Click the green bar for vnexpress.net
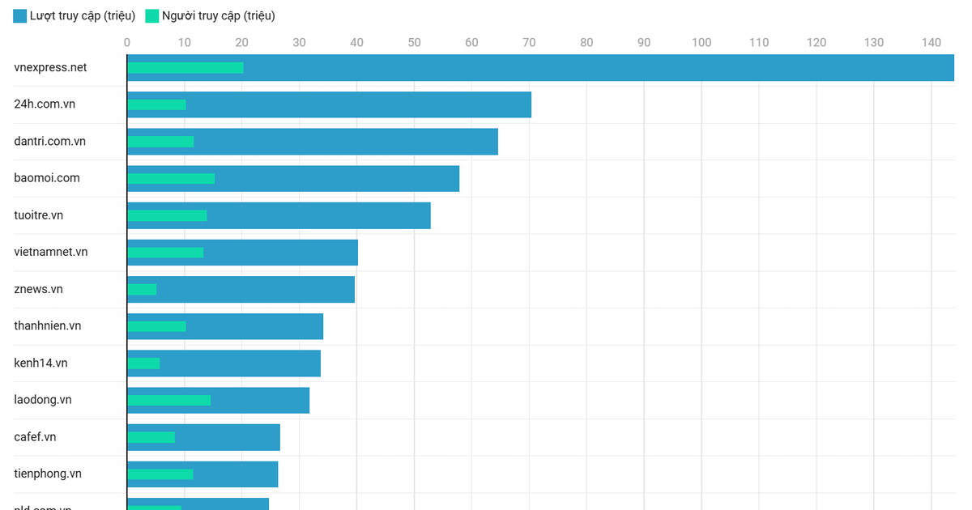coord(185,68)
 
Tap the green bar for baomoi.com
coord(171,179)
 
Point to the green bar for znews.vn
coord(142,289)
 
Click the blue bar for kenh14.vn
coord(243,363)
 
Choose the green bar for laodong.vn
coord(169,400)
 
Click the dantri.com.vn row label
coord(50,142)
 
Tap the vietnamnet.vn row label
coord(51,252)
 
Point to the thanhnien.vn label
coord(48,326)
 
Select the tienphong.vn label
coord(48,474)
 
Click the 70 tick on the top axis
coord(529,42)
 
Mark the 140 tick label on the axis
coord(932,42)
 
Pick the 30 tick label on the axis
coord(299,42)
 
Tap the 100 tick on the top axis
coord(701,42)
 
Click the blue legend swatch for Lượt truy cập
coord(20,16)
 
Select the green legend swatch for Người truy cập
coord(152,16)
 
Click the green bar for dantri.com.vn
coord(160,142)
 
